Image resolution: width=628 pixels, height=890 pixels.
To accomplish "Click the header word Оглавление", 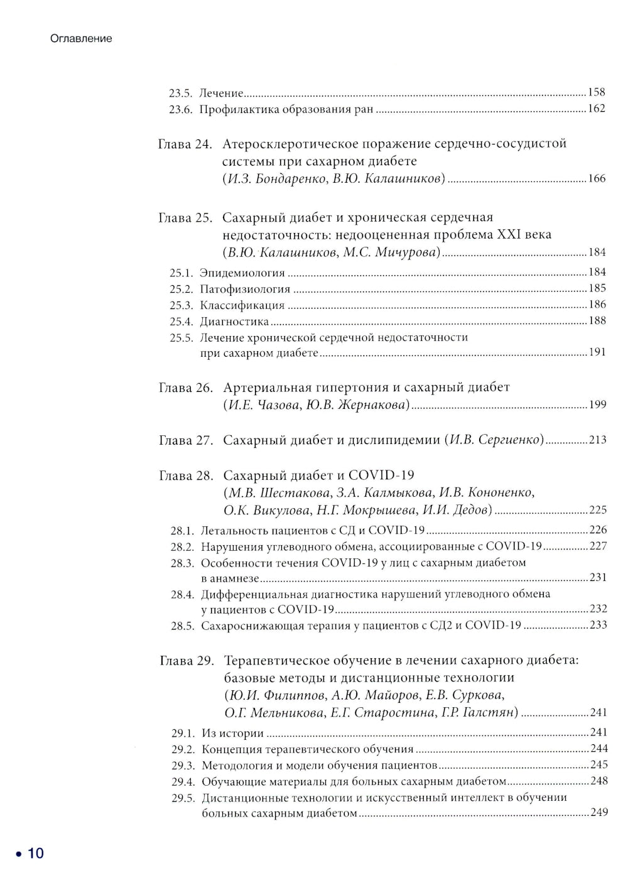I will point(81,38).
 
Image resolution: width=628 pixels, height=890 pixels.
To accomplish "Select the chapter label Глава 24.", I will point(185,144).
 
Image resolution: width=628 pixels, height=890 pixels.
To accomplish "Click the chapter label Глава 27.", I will point(186,440).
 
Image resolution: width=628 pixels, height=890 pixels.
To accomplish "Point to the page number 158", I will point(597,92).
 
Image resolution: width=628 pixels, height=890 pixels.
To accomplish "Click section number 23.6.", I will point(180,109).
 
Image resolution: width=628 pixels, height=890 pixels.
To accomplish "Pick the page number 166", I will point(597,178).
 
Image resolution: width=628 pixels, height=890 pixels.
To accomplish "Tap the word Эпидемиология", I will point(242,273).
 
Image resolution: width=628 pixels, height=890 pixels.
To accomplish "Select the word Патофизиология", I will point(245,290).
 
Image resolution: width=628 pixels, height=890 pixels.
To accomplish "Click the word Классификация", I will point(242,306).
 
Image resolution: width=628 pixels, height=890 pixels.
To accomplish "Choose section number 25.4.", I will point(181,322).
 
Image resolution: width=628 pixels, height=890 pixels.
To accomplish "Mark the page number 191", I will point(597,352).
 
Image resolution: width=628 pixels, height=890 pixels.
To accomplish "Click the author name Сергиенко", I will point(510,440).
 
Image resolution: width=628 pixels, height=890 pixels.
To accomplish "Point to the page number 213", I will point(598,440).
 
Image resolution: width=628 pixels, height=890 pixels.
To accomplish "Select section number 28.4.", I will point(182,594).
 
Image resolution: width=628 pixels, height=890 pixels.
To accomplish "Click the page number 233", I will point(598,625).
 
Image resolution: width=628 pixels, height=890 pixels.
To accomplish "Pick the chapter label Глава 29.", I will point(187,661).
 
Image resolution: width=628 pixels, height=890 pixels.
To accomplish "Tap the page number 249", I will point(599,812).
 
